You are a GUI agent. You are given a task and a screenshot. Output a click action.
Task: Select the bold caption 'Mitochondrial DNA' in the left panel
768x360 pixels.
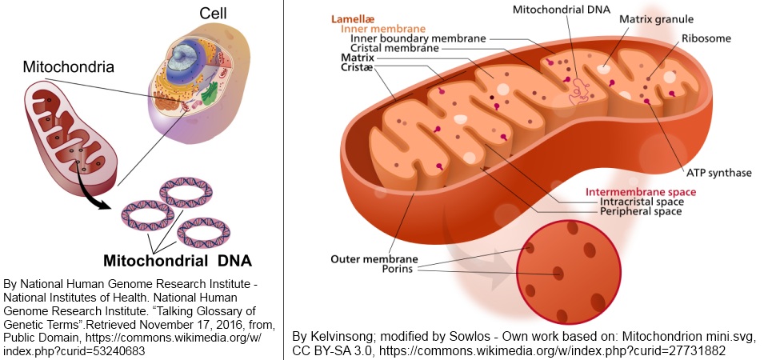[x=177, y=261]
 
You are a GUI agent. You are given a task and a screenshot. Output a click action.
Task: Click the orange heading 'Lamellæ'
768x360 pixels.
[x=357, y=16]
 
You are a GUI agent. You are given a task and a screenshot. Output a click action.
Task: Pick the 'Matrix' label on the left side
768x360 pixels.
[x=357, y=58]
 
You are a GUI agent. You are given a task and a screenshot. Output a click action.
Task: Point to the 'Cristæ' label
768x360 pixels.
[x=358, y=69]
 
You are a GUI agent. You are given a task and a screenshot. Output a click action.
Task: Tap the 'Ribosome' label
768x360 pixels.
[x=706, y=38]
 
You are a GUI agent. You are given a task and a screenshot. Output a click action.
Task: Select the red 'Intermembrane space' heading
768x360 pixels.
[x=641, y=192]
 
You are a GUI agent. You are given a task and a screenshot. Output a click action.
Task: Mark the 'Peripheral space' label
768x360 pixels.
[x=641, y=212]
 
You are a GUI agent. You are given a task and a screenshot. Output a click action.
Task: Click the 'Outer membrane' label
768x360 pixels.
[x=374, y=259]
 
